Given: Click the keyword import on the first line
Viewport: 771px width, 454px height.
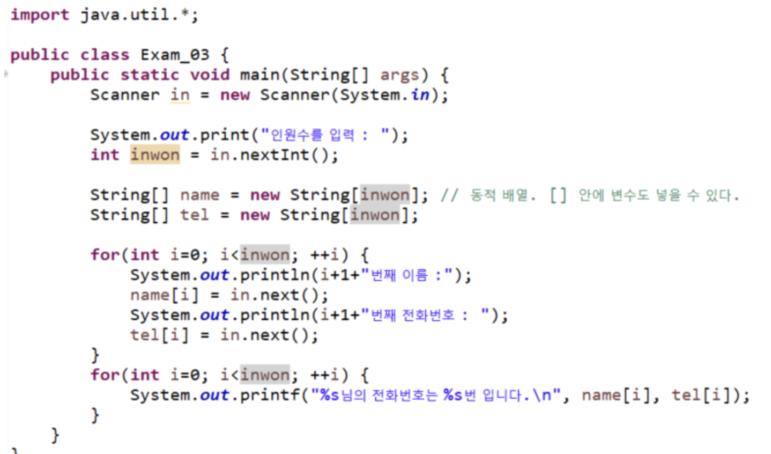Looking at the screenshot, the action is pos(40,15).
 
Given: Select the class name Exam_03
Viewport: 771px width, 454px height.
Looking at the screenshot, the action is pos(175,55).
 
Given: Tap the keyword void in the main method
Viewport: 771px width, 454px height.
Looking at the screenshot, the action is pos(210,75).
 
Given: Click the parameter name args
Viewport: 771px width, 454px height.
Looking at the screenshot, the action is pos(399,75).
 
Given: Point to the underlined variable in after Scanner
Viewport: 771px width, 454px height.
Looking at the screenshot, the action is pos(180,95).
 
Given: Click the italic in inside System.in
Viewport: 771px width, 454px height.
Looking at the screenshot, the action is pos(420,95).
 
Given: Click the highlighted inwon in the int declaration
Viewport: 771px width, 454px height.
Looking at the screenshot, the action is pos(155,155).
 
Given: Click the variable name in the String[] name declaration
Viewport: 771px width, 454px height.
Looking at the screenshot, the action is pos(199,195).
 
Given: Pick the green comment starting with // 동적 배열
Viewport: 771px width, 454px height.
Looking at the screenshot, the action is pos(590,195).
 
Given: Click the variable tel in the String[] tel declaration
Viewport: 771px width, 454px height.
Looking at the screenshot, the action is pos(194,215).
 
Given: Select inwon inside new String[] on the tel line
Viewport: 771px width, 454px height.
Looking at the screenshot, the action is pos(375,215).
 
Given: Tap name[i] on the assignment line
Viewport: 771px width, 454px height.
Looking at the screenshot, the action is pos(164,295).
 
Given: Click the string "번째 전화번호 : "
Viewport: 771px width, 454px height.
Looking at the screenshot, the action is pos(426,315).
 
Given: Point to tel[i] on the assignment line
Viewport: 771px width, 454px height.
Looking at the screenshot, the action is pos(159,335).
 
